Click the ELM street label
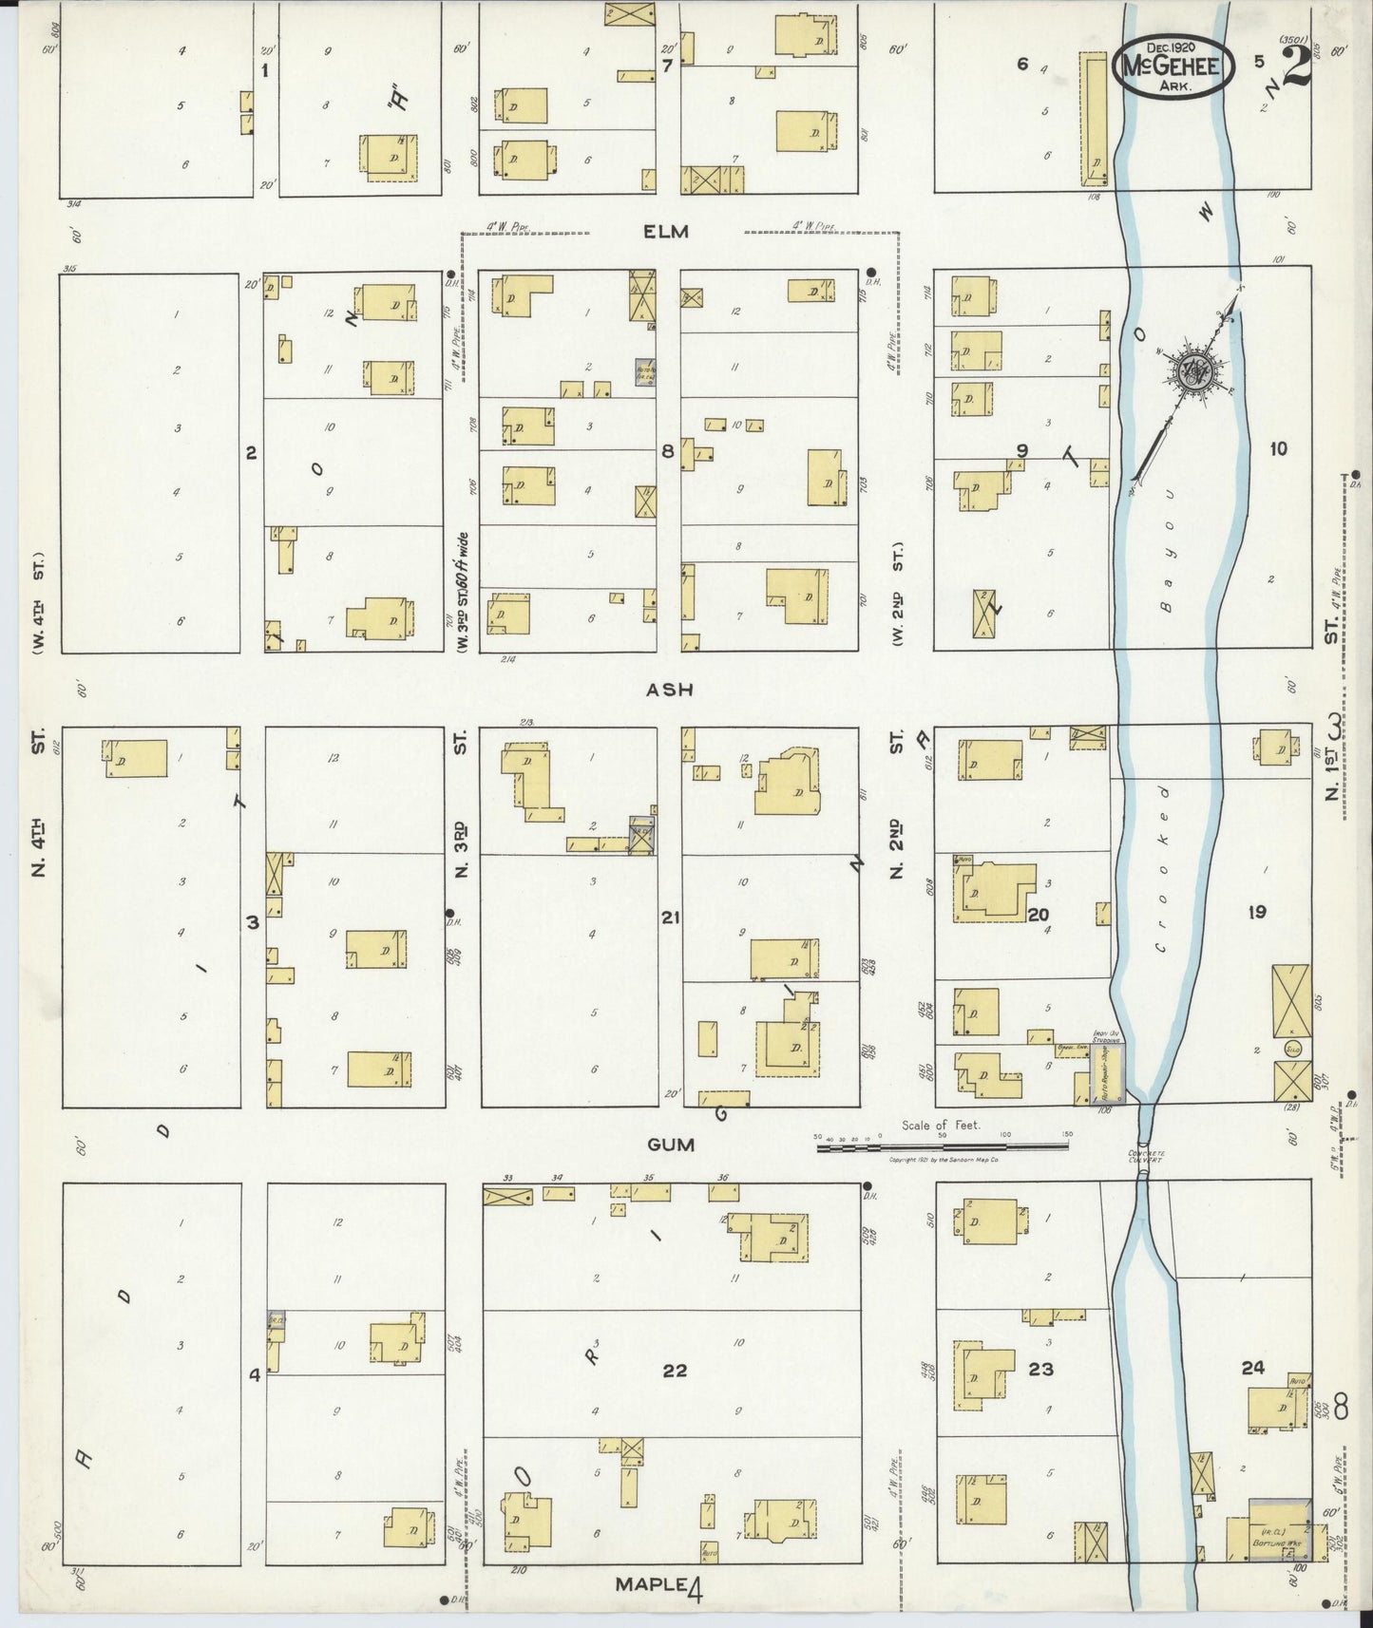coord(665,231)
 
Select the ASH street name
coord(670,691)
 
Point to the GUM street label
coord(670,1145)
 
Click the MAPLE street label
coord(650,1584)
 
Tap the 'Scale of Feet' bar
coord(945,1147)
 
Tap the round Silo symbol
coord(1292,1048)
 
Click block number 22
coord(674,1371)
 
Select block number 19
coord(1256,913)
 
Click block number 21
coord(670,918)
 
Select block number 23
coord(1040,1369)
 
